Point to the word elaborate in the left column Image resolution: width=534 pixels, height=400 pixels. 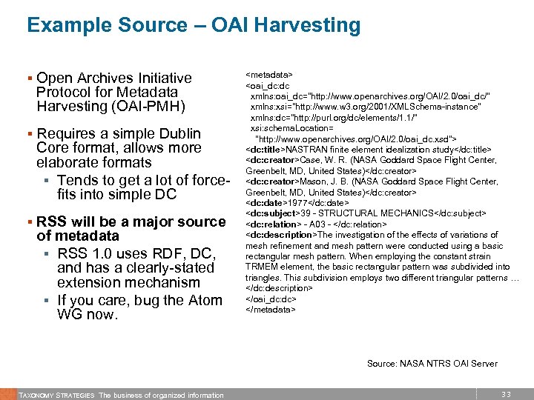(x=72, y=162)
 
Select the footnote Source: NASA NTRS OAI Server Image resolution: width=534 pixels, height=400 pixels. (x=432, y=363)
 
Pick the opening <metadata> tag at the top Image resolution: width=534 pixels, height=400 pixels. (x=268, y=75)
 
